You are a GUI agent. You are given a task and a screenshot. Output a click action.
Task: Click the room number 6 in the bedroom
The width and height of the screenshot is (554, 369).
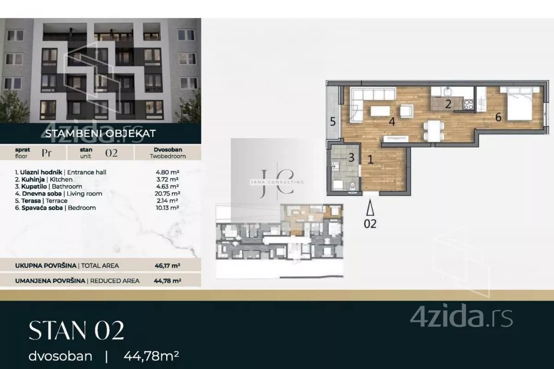(x=498, y=117)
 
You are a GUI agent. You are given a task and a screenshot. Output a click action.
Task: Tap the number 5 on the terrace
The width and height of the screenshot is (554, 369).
(x=333, y=121)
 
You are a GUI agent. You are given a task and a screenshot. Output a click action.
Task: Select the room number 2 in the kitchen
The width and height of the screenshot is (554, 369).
(x=448, y=104)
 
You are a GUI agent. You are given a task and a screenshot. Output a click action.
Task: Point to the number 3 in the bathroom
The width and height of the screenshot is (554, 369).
(x=351, y=157)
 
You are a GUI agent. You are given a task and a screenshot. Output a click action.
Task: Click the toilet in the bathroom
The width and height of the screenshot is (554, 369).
(x=353, y=186)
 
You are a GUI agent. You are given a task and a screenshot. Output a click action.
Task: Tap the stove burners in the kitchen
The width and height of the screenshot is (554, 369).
(x=468, y=104)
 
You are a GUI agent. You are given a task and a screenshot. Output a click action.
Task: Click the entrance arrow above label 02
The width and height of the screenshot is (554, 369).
(x=370, y=208)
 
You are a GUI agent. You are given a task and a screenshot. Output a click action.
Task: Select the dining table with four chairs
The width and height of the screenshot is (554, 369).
(x=434, y=131)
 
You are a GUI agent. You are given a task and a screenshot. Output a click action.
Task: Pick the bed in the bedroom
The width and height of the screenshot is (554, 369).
(x=519, y=103)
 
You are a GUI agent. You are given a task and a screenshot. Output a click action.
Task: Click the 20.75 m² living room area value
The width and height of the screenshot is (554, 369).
(x=168, y=194)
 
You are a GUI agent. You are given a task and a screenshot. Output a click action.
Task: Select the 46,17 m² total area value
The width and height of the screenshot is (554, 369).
(x=168, y=266)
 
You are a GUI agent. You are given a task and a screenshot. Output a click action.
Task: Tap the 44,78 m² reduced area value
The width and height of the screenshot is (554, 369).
(x=168, y=281)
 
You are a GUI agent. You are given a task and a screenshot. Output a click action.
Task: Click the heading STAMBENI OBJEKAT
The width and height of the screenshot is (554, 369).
(x=101, y=133)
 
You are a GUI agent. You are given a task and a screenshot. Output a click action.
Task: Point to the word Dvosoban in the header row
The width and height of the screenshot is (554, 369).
(x=168, y=150)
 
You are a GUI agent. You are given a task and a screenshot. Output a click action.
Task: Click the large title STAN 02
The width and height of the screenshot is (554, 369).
(x=77, y=330)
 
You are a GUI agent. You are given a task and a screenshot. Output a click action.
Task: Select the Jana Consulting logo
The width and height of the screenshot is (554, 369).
(x=277, y=182)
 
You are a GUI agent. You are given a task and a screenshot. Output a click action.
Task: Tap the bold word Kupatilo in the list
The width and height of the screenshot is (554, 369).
(x=34, y=187)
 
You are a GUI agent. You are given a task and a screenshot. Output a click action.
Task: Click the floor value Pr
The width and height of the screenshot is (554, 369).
(x=47, y=153)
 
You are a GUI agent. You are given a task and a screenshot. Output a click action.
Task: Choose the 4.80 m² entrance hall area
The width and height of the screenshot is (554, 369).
(x=168, y=172)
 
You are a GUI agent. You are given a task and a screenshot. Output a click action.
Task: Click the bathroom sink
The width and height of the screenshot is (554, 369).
(x=336, y=166)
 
